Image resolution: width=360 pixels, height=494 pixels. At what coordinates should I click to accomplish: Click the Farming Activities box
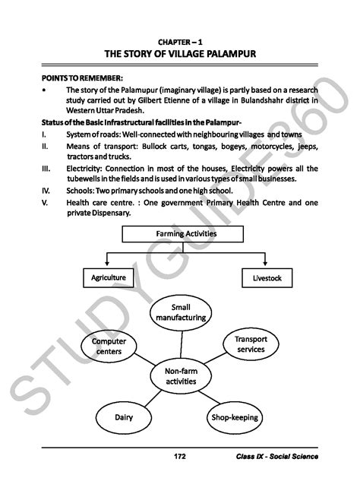coord(186,234)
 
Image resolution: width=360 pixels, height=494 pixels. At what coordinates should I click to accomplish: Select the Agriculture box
coord(108,278)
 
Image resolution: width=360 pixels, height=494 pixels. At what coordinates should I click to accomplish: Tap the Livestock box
coord(267,278)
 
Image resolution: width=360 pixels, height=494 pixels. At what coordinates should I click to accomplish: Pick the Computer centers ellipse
coord(109,347)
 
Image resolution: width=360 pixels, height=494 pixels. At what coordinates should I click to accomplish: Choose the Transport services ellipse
coord(250,344)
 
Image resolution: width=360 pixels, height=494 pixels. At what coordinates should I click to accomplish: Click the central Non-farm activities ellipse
coord(181,375)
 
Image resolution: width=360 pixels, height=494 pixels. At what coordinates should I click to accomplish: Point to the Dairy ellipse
coord(124,418)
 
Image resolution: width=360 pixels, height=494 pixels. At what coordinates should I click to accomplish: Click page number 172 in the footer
coord(180,457)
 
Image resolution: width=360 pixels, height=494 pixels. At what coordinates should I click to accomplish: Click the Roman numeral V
coord(46,203)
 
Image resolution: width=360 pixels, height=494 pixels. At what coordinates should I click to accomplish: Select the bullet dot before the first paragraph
coord(46,90)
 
